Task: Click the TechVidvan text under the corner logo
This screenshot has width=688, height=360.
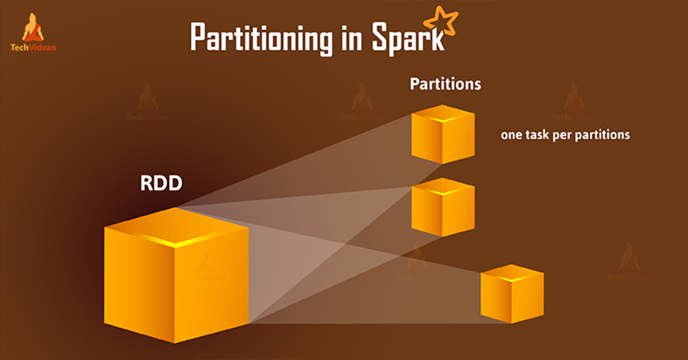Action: coord(33,48)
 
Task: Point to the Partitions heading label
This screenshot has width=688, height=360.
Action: coord(445,84)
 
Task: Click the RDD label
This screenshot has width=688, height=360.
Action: coord(161,183)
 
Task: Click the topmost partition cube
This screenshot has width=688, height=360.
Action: coord(443,134)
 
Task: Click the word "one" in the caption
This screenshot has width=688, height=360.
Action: coord(511,135)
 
